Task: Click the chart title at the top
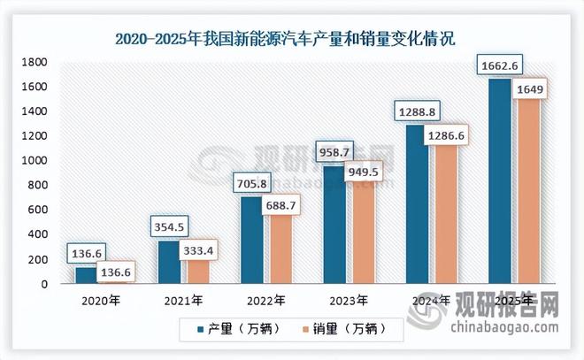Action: coord(292,38)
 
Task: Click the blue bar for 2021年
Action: coord(168,262)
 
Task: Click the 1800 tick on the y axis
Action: coord(35,62)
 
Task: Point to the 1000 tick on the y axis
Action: coord(35,161)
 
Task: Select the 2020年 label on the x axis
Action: coord(96,300)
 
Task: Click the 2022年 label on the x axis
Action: coord(263,300)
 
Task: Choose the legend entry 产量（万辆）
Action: coord(239,329)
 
